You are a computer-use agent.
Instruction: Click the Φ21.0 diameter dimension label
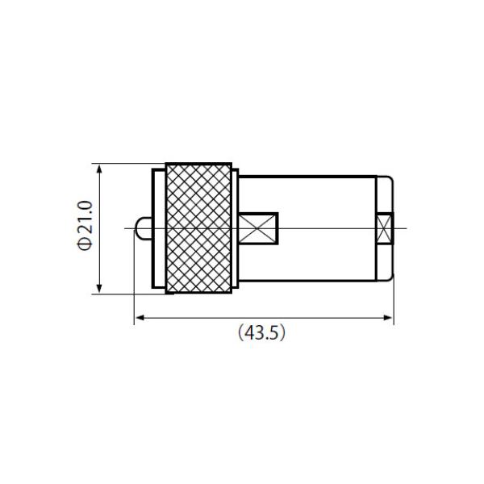point(84,225)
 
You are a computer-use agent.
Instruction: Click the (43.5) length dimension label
point(261,333)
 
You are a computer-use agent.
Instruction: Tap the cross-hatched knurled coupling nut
point(198,228)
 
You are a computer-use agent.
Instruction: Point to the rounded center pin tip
point(144,228)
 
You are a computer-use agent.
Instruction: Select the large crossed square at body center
point(258,228)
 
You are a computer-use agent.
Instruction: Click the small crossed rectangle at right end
point(385,228)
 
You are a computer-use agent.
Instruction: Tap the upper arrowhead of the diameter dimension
point(99,169)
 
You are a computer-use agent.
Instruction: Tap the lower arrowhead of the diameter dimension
point(99,288)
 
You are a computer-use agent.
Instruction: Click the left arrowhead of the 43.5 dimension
point(140,318)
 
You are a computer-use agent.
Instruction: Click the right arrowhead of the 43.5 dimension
point(387,318)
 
